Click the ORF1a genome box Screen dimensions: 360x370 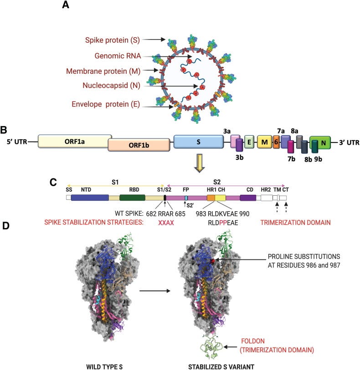point(75,141)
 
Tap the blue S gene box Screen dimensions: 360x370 point(198,142)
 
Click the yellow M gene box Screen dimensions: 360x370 point(264,142)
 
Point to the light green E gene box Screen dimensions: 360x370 point(249,142)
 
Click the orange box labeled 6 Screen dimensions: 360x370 point(276,142)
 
